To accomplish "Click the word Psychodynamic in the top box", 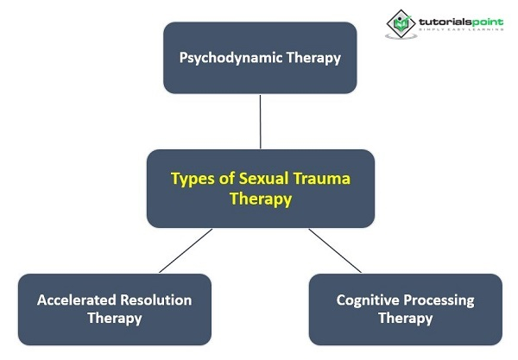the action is (x=231, y=58).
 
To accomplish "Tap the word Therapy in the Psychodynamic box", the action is (x=313, y=58).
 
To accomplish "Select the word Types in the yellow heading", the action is (x=193, y=180).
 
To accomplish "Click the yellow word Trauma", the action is (x=322, y=179).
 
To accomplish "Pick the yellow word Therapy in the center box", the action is (x=261, y=199).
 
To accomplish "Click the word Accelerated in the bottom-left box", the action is (x=76, y=300).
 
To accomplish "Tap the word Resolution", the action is (x=156, y=300).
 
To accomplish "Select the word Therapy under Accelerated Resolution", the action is (x=115, y=319).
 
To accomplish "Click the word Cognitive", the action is (x=368, y=300).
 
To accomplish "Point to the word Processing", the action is (x=439, y=300).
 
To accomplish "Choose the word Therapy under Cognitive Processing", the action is (x=406, y=319).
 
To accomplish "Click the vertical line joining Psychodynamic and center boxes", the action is (x=261, y=122).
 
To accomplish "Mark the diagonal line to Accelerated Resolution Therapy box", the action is (x=186, y=250).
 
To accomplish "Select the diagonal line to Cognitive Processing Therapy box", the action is (x=335, y=250).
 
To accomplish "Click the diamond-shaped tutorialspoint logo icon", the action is (x=401, y=24).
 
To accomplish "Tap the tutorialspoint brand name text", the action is (x=461, y=22).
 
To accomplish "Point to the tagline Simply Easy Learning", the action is (x=461, y=29).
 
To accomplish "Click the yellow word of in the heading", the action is (x=227, y=179).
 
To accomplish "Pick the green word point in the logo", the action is (x=487, y=22).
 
